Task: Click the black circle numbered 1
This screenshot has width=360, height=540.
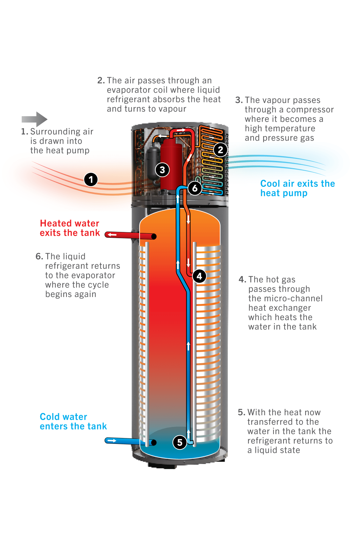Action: click(x=91, y=180)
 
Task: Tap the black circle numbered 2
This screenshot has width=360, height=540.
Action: click(x=220, y=150)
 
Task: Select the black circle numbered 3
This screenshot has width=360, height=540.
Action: click(x=162, y=170)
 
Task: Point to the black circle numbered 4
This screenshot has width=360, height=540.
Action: click(x=199, y=276)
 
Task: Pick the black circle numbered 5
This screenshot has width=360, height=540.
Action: click(x=179, y=442)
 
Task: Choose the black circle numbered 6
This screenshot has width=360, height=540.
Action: click(x=195, y=188)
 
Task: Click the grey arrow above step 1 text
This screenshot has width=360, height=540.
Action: click(x=34, y=119)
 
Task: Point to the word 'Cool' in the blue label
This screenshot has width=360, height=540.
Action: click(x=270, y=184)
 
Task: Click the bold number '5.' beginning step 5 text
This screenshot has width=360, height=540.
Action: click(x=241, y=412)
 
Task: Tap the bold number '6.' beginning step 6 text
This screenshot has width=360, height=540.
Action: click(x=39, y=256)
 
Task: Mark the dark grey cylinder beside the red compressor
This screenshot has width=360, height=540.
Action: click(x=153, y=164)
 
